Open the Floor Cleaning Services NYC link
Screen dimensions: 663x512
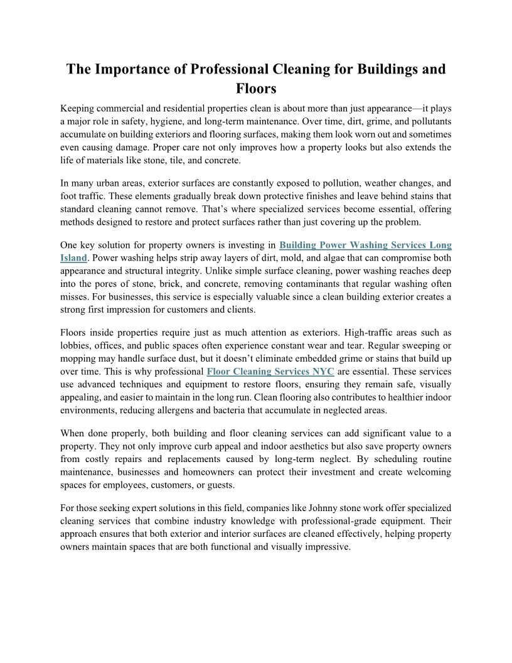(270, 371)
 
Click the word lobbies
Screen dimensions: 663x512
(76, 345)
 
